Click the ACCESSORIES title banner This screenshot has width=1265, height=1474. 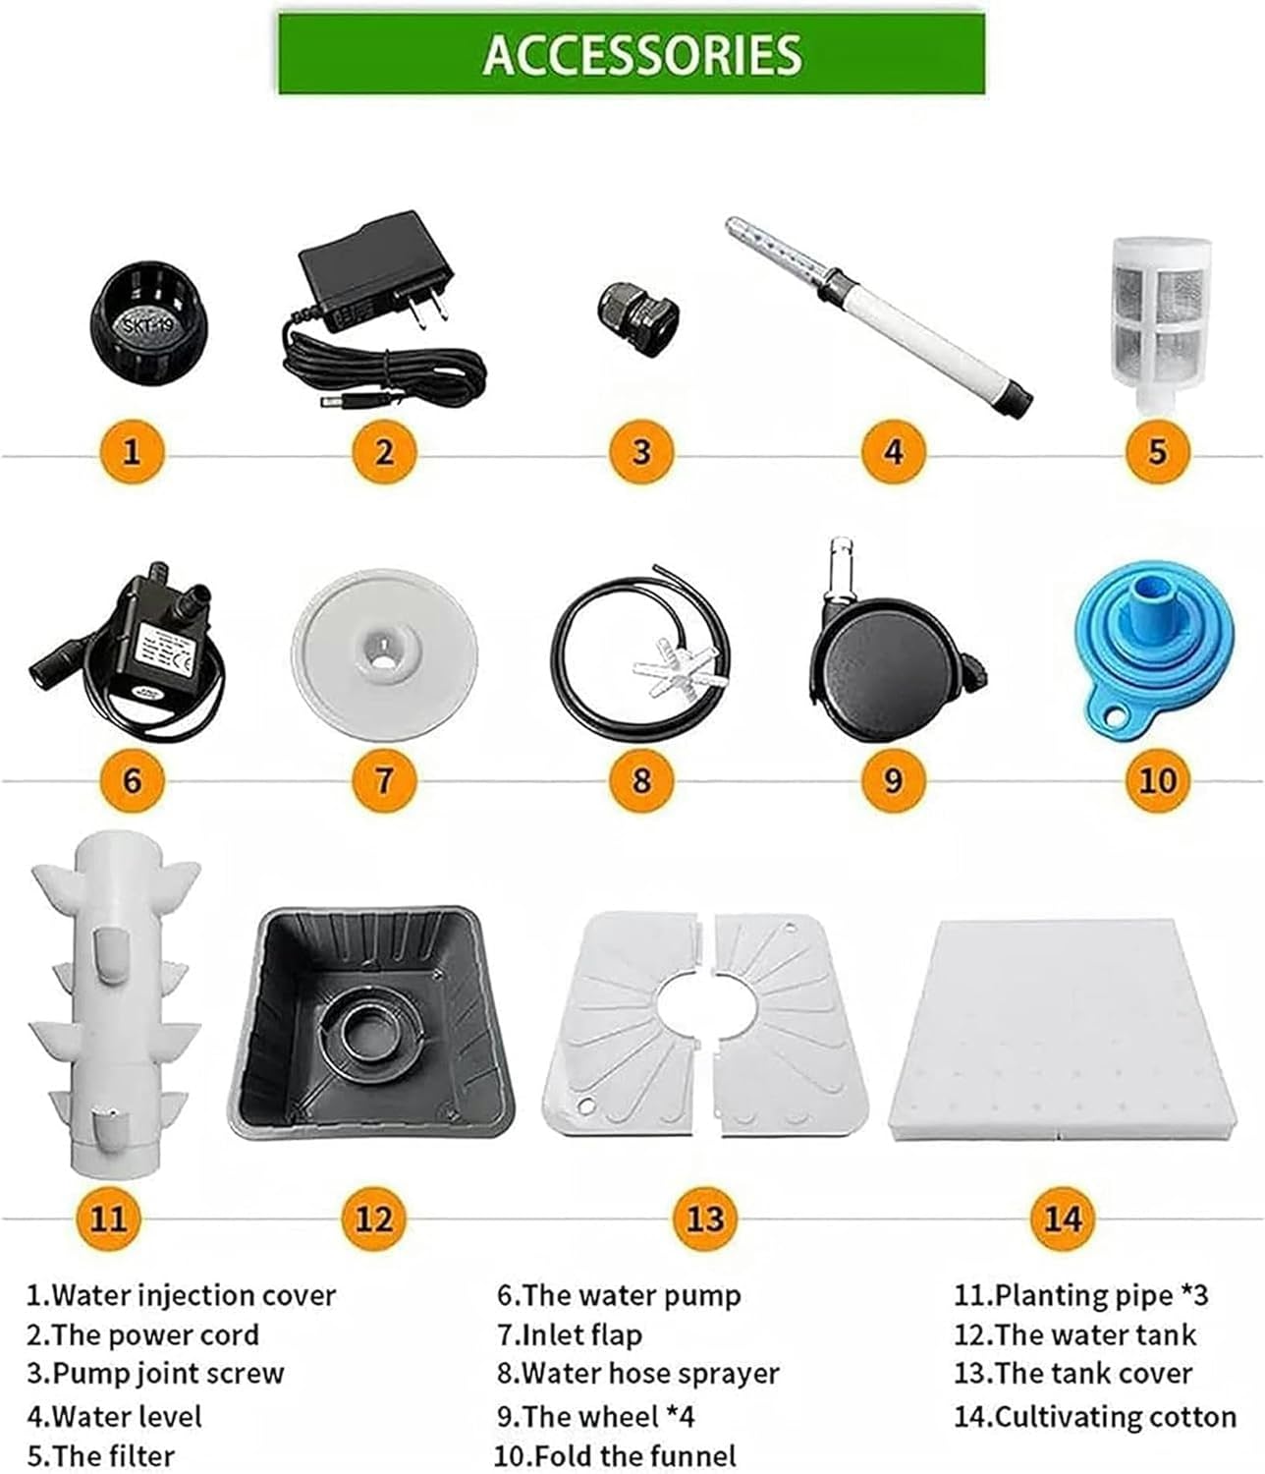pyautogui.click(x=632, y=54)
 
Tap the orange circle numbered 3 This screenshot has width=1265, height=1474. pyautogui.click(x=640, y=451)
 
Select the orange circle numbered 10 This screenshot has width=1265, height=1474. pyautogui.click(x=1157, y=780)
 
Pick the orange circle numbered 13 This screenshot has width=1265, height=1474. pyautogui.click(x=705, y=1219)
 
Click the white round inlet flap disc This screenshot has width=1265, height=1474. pyautogui.click(x=385, y=653)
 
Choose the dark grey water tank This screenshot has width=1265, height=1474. pyautogui.click(x=370, y=1021)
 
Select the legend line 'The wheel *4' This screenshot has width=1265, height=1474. pyautogui.click(x=595, y=1416)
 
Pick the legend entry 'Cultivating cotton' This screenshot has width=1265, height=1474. pyautogui.click(x=1116, y=1416)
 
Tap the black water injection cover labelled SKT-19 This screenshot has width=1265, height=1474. pyautogui.click(x=147, y=323)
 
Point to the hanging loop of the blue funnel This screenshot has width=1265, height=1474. pyautogui.click(x=1111, y=715)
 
